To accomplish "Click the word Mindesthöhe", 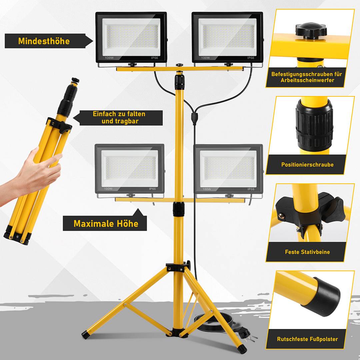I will (x=44, y=41).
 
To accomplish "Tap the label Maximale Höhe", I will (x=106, y=223).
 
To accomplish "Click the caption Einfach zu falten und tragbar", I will (x=119, y=118).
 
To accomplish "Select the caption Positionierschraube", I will (x=307, y=165).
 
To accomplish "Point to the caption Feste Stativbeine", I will (x=307, y=252).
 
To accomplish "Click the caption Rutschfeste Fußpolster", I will (x=307, y=339).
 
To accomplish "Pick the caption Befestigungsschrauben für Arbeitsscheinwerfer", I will (x=306, y=77).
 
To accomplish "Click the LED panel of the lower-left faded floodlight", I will (x=129, y=168).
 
